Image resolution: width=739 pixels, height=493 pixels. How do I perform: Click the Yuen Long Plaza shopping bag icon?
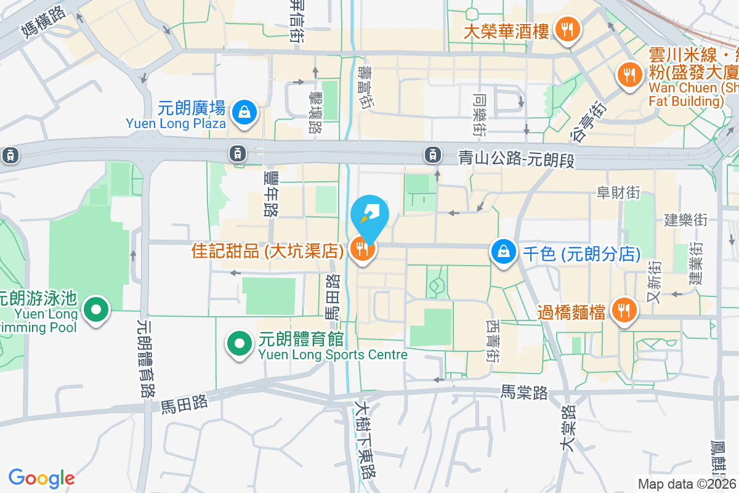point(245,112)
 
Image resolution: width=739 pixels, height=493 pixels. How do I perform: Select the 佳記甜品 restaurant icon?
point(361,249)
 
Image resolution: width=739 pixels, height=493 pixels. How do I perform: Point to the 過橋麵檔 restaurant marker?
point(624,311)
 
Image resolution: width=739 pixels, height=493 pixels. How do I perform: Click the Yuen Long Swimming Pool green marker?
point(96,309)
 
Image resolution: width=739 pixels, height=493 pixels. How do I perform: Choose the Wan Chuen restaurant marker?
point(629,76)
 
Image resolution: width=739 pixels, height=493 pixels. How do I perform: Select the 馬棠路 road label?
point(524,393)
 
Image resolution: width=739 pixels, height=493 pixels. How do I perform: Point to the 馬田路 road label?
point(185,404)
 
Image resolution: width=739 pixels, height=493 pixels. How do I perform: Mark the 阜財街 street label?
point(618,193)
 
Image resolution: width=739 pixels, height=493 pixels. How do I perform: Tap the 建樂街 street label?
point(685,219)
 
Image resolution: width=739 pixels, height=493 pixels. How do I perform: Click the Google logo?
point(41,478)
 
